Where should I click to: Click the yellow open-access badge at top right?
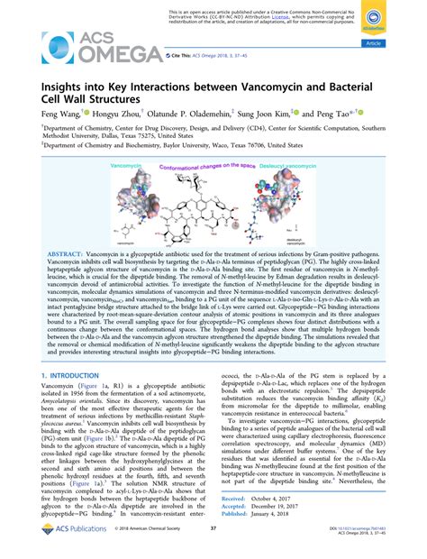(x=395, y=23)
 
